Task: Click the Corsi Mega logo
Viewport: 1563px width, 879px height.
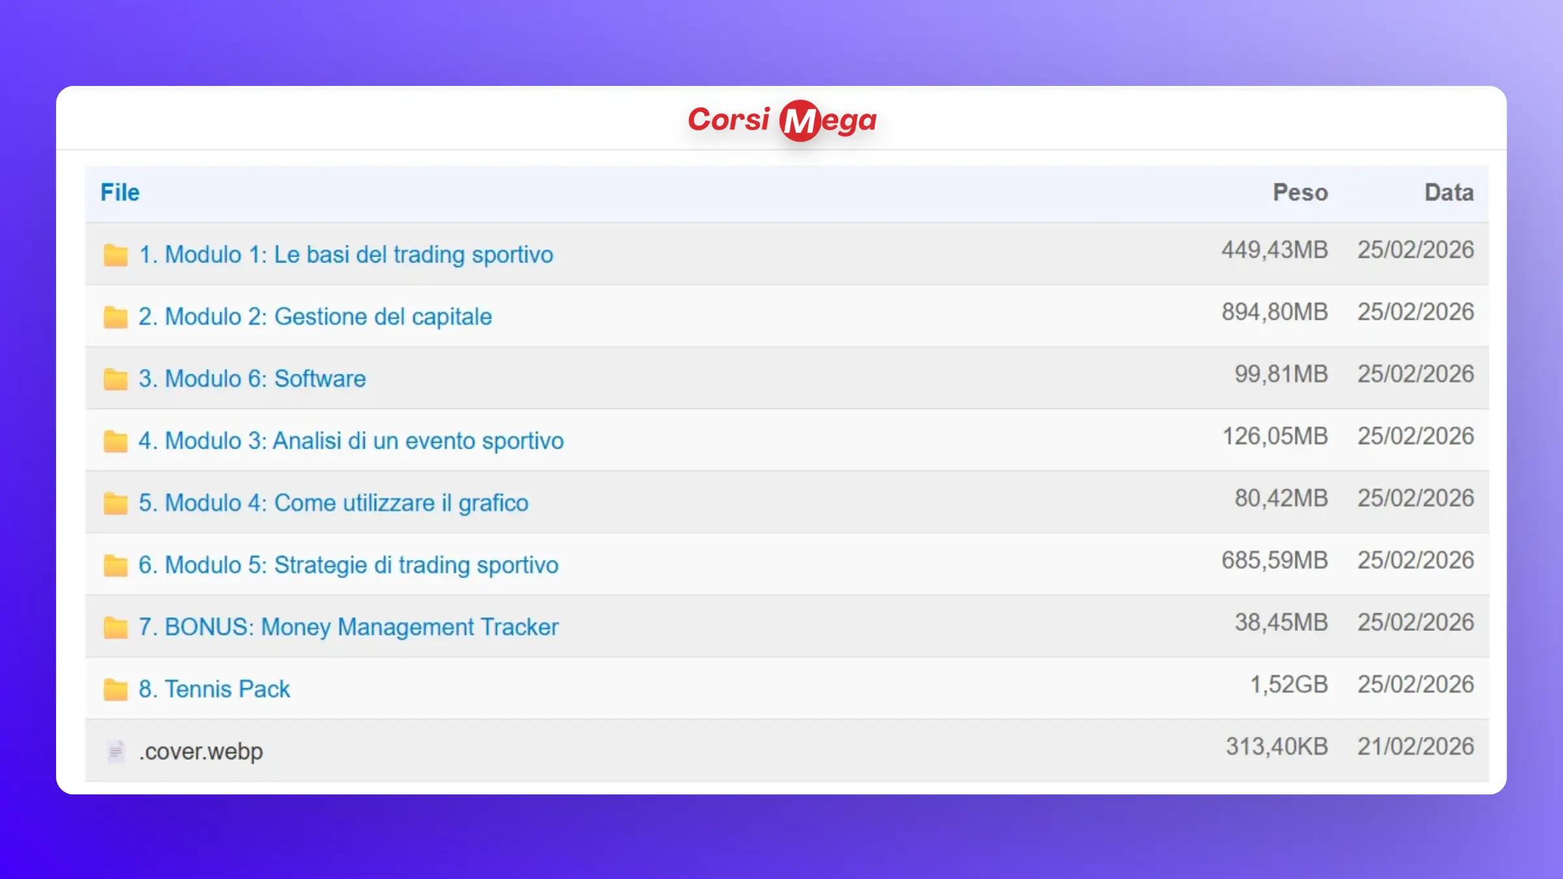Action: (782, 120)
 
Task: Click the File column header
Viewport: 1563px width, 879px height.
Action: (120, 193)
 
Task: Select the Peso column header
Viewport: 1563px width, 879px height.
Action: (1300, 193)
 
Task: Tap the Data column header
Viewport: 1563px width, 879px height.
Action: (1449, 193)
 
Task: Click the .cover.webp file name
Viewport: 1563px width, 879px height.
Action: (201, 751)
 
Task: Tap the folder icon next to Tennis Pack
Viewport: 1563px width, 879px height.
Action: (115, 689)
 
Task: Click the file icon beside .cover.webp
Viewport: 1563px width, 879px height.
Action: (115, 751)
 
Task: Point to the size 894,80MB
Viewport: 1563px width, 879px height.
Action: (1274, 312)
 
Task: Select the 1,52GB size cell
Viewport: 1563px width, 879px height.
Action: (1289, 684)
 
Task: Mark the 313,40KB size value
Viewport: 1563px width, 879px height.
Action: (1276, 747)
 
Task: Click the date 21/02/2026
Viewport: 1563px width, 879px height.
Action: (1416, 747)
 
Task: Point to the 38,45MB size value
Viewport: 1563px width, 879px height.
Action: (1281, 622)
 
